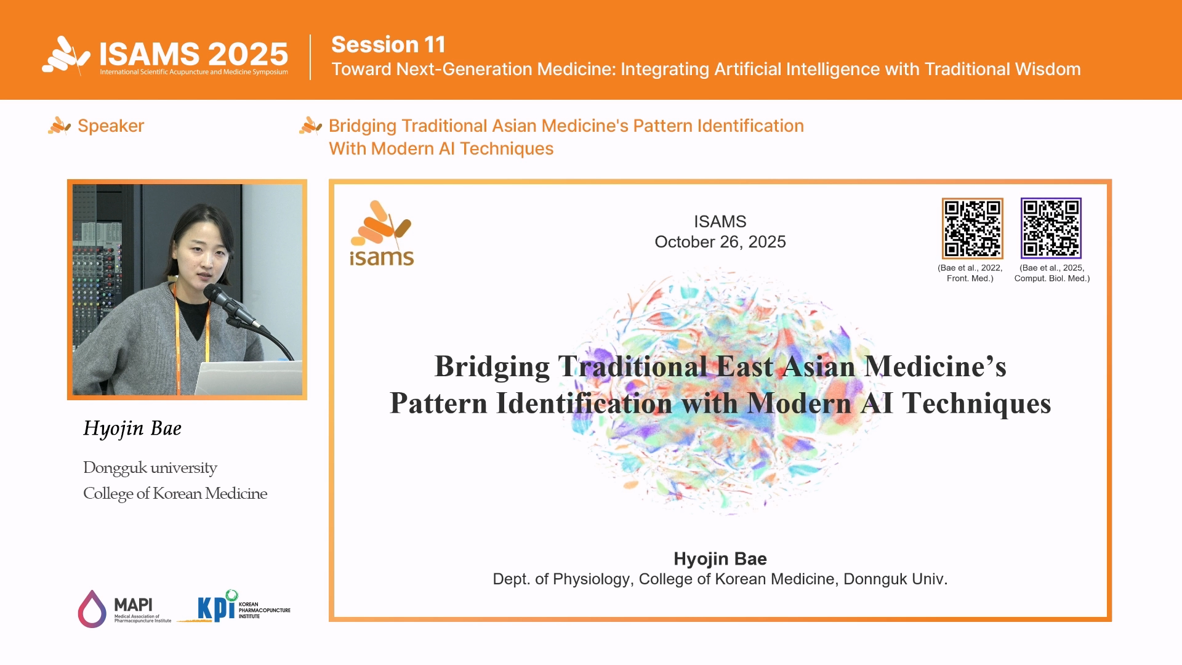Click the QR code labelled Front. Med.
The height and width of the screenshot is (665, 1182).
[x=972, y=228]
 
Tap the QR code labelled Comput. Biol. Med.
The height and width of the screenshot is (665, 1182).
[x=1051, y=228]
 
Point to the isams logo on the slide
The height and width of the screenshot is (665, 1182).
[x=382, y=233]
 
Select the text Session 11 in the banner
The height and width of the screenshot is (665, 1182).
[x=388, y=44]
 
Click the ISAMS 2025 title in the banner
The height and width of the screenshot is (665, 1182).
[x=194, y=54]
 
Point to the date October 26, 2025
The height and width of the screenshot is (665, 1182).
[x=720, y=242]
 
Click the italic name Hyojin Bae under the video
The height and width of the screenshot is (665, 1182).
[x=132, y=429]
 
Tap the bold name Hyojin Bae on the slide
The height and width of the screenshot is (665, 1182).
[x=720, y=558]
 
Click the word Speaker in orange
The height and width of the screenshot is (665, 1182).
[x=111, y=126]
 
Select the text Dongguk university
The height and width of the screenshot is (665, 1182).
[x=150, y=468]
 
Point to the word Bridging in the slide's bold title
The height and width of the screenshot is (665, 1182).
[x=492, y=367]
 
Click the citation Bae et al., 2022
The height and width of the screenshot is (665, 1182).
[x=970, y=268]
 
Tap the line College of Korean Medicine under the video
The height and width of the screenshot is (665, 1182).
[x=175, y=494]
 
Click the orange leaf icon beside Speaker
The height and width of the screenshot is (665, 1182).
[x=59, y=126]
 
